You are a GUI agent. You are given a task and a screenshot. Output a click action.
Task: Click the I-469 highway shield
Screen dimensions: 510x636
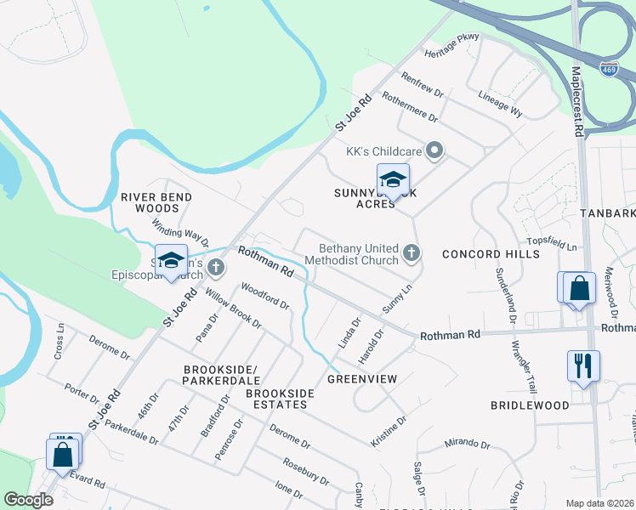pos(608,67)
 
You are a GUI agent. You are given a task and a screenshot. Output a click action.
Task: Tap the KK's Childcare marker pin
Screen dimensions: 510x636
pos(434,151)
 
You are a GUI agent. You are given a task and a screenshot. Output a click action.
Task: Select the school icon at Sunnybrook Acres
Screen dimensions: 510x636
pos(393,180)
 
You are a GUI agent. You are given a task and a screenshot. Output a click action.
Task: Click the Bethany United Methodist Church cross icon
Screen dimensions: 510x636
pos(412,252)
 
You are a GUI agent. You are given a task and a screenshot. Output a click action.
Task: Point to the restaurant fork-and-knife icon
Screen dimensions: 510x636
pos(583,366)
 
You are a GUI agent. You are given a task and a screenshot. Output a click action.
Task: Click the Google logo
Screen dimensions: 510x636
pos(28,500)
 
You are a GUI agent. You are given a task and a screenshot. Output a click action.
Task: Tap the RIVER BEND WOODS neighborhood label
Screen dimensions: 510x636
pos(156,202)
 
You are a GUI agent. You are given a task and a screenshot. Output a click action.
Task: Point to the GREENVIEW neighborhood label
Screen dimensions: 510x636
pos(363,379)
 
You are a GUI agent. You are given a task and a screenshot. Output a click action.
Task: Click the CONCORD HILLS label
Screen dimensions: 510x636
pos(491,254)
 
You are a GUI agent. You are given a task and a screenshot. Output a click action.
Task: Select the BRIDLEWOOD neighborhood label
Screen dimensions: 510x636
pos(529,405)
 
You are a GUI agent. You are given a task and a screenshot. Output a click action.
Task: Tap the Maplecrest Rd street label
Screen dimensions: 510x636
pos(577,102)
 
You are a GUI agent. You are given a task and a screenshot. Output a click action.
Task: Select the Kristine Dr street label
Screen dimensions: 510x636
pos(389,432)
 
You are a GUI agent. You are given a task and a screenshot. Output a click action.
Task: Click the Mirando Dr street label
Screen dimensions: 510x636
pos(467,443)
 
